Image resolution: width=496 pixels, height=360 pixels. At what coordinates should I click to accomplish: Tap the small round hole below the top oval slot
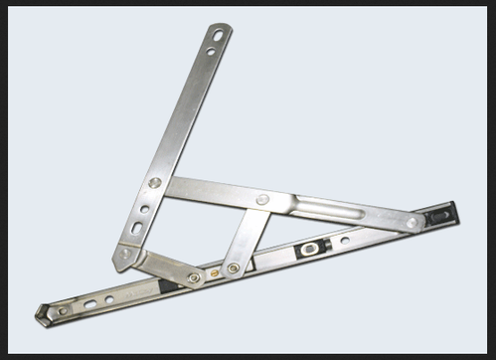tap(210, 53)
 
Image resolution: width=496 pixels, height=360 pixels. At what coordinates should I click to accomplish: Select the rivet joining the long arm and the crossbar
tap(155, 183)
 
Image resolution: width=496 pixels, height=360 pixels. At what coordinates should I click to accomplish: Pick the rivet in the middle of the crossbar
tap(262, 199)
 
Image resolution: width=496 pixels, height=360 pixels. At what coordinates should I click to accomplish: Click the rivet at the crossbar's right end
tap(412, 223)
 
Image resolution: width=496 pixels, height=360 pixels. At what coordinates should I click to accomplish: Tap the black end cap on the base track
tap(439, 214)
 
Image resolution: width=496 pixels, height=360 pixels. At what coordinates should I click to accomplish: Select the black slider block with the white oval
tap(312, 247)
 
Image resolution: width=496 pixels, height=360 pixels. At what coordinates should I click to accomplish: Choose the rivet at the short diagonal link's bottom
tap(233, 268)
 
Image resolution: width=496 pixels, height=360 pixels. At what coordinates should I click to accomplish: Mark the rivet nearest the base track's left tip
tap(62, 311)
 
